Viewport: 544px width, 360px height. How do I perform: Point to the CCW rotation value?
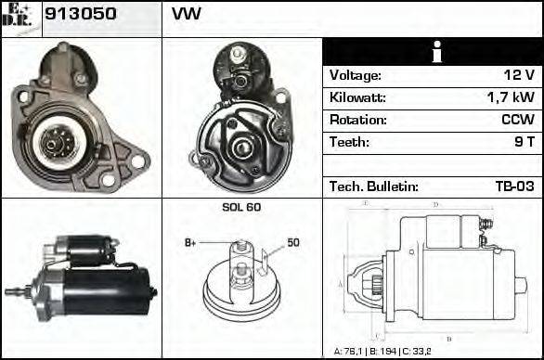click(x=516, y=121)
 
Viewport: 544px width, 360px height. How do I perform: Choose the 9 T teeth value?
click(x=524, y=143)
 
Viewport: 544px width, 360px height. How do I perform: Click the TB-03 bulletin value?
click(x=514, y=186)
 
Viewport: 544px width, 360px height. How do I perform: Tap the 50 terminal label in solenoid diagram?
click(x=292, y=242)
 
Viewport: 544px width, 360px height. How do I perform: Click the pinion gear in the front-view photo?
click(x=52, y=142)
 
